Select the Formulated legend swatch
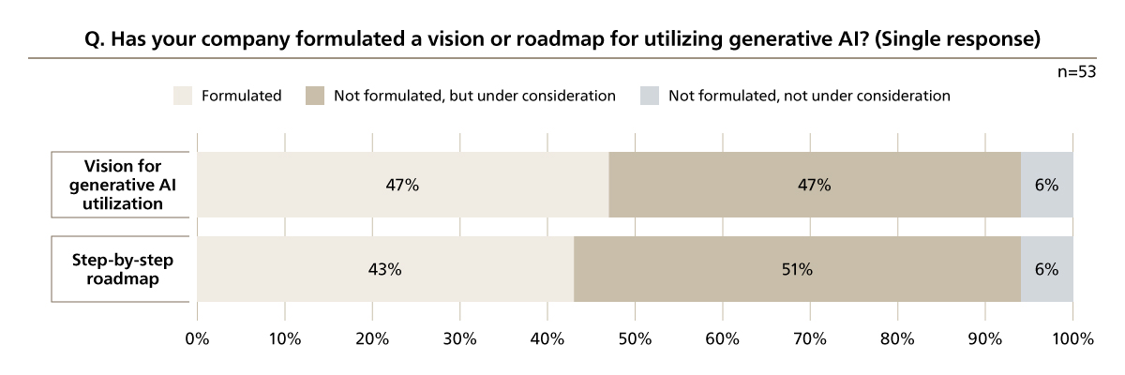[183, 96]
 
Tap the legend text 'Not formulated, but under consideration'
[474, 96]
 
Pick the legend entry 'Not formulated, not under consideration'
[810, 96]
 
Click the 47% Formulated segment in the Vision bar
[402, 185]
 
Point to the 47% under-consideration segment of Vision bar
[815, 185]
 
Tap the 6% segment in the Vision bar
[1047, 185]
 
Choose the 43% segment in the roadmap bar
[385, 269]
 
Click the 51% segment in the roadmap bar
[797, 269]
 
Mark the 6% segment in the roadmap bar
[1047, 269]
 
